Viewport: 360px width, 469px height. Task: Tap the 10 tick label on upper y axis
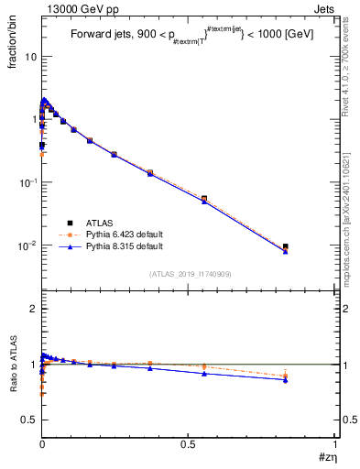click(x=30, y=57)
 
